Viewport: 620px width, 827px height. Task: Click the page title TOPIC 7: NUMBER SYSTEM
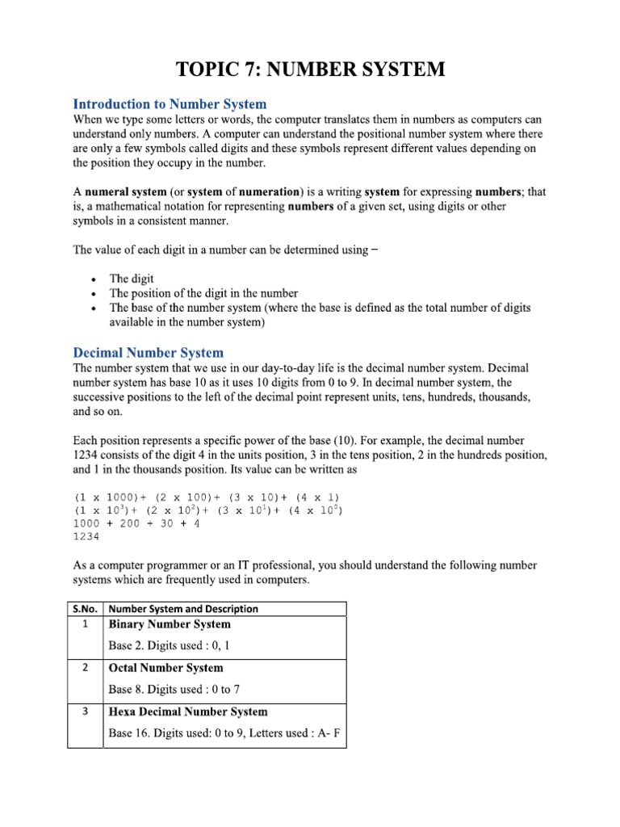point(310,70)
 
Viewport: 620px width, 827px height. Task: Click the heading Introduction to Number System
point(170,104)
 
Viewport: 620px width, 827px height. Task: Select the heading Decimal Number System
point(149,353)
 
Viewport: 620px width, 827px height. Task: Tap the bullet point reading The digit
point(132,279)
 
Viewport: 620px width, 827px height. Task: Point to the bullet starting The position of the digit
point(203,293)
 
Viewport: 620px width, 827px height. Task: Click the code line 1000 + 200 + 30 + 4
point(136,523)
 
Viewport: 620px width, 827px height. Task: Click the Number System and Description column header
point(183,609)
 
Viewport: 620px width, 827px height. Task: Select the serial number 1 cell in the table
point(86,624)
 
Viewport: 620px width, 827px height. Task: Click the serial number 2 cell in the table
point(86,668)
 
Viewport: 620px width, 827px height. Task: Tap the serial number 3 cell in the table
point(86,712)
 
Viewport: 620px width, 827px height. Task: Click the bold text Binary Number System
point(170,624)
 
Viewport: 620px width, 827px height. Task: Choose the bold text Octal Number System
point(166,668)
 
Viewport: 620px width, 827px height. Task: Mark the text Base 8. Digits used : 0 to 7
point(174,689)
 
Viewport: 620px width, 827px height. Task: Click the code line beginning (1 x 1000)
point(207,496)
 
